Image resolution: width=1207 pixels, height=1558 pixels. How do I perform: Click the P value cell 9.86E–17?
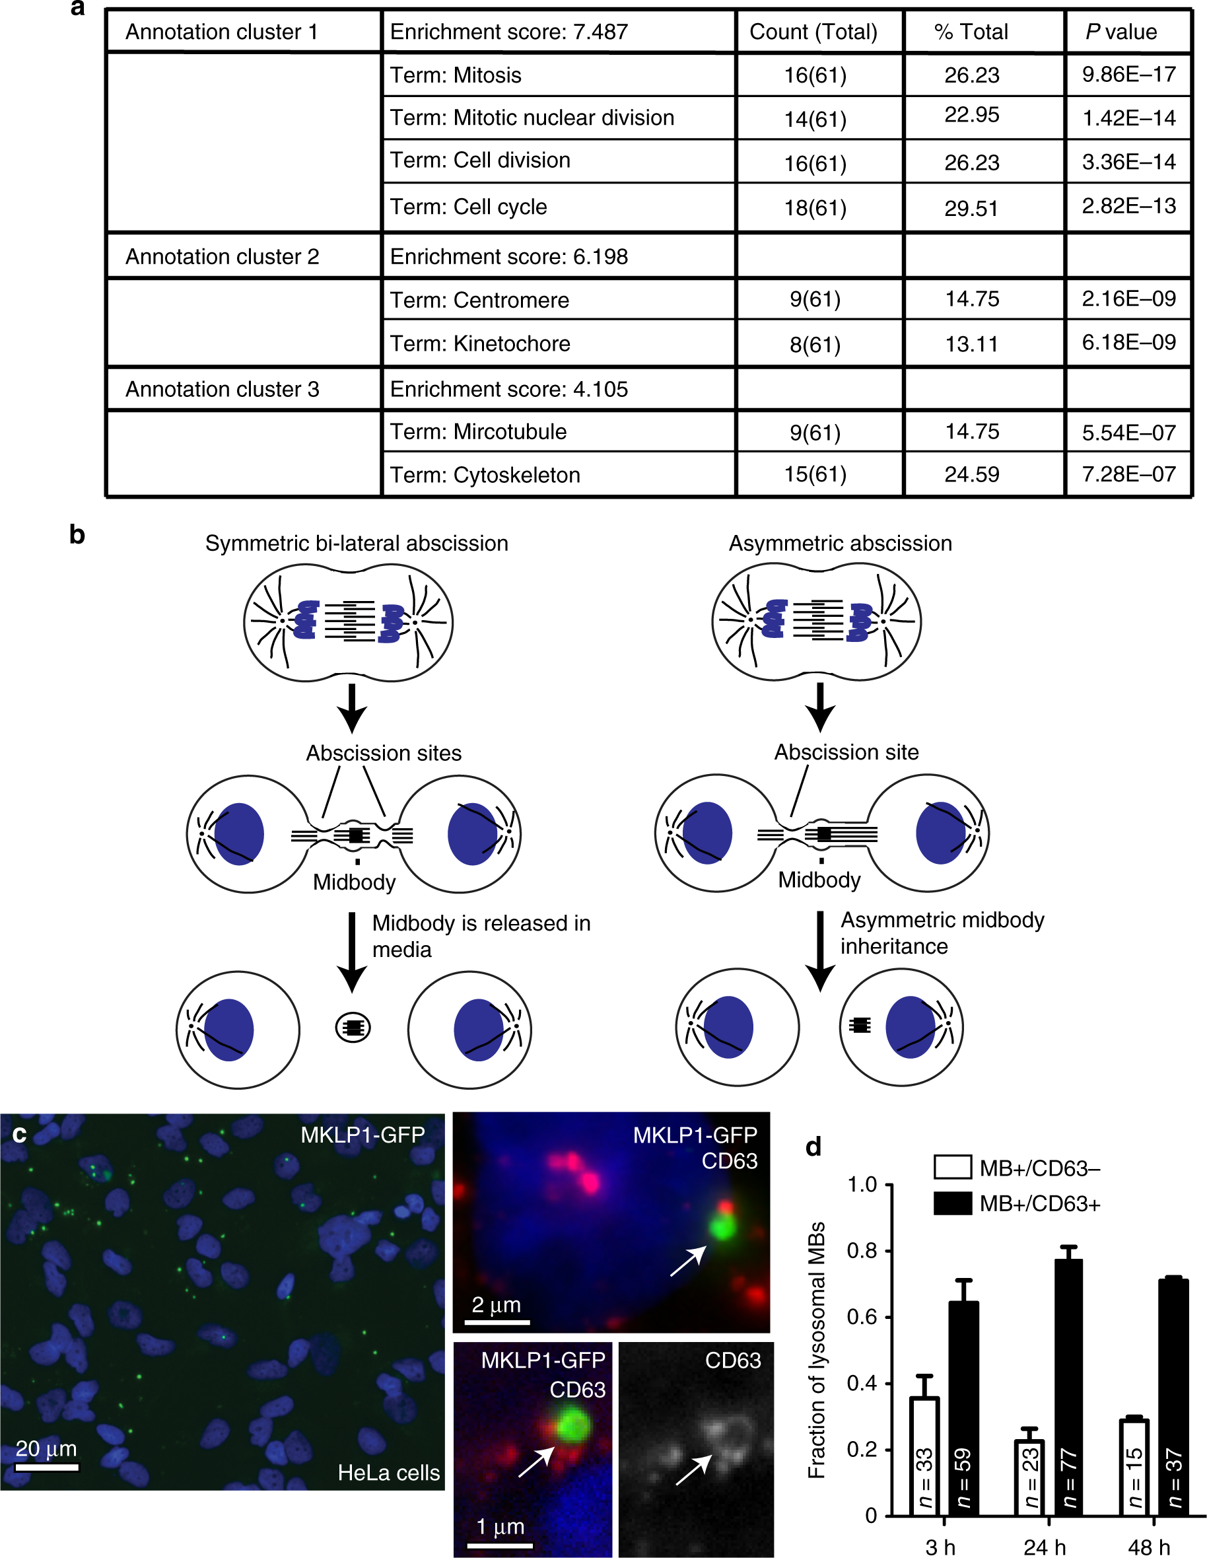[1128, 74]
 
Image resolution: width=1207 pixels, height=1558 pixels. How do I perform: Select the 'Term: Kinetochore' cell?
[479, 344]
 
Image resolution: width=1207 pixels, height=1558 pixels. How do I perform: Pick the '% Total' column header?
[971, 32]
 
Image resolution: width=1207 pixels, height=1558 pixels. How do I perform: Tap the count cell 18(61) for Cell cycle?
[815, 207]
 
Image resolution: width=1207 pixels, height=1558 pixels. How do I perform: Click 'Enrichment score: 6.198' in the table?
[508, 257]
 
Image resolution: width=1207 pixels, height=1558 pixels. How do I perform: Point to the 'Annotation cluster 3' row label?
[222, 390]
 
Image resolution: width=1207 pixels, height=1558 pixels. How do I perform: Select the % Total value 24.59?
[971, 474]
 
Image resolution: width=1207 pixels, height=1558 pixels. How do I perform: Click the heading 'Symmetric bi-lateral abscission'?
[357, 544]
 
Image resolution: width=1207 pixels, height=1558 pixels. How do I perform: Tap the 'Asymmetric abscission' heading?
[840, 544]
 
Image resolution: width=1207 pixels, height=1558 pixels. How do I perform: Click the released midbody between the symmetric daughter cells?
[353, 1028]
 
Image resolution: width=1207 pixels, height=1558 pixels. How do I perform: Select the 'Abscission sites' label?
[384, 754]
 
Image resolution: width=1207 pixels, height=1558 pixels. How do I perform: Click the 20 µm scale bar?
[47, 1468]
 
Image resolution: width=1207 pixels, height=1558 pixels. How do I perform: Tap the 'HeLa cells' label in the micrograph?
[389, 1472]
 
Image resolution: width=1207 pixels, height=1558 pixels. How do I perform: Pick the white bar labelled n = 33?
[924, 1455]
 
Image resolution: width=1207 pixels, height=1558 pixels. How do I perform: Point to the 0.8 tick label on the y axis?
[861, 1250]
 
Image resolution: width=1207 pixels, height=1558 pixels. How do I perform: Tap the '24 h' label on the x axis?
[1045, 1547]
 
